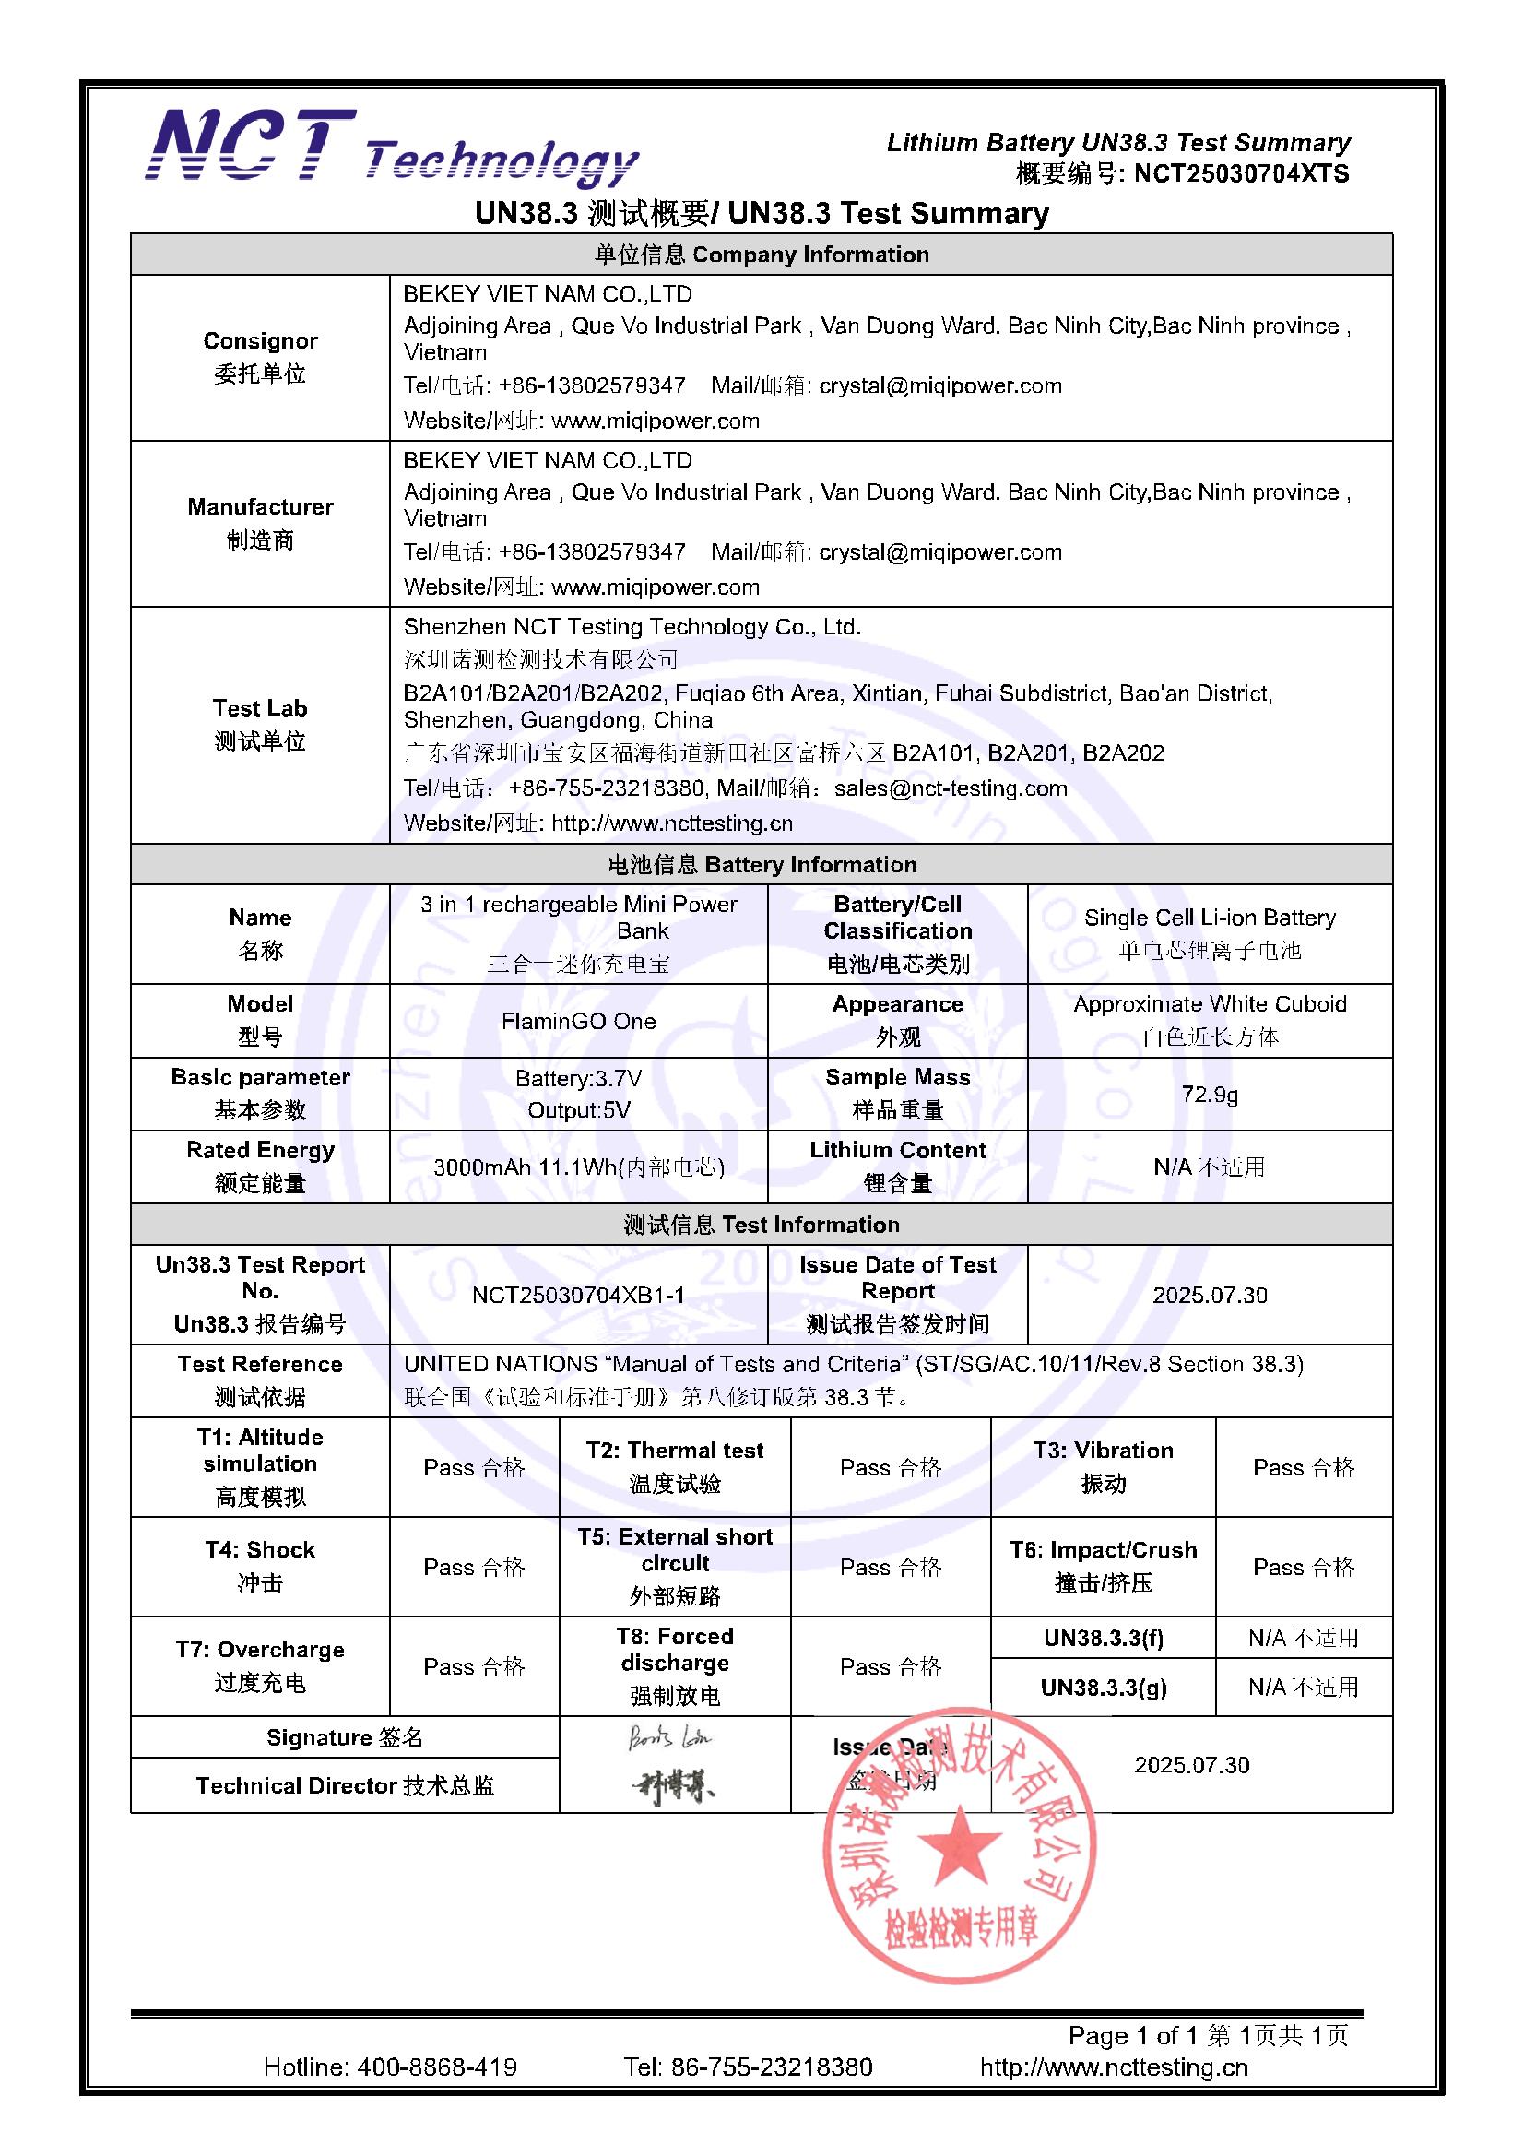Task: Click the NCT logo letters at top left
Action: [252, 146]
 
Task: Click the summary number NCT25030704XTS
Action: [1240, 173]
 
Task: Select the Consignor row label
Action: [260, 357]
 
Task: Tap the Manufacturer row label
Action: [260, 523]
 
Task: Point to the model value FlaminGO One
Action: [578, 1021]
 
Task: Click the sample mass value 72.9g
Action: [1210, 1094]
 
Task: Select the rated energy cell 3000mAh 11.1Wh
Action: [578, 1167]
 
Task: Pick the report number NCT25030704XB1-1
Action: [578, 1295]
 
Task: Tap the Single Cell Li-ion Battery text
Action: [1210, 918]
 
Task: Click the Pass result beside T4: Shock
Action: [474, 1567]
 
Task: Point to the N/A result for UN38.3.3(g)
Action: [1304, 1688]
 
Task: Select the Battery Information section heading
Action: [762, 864]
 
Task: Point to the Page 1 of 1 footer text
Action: [1135, 2035]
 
